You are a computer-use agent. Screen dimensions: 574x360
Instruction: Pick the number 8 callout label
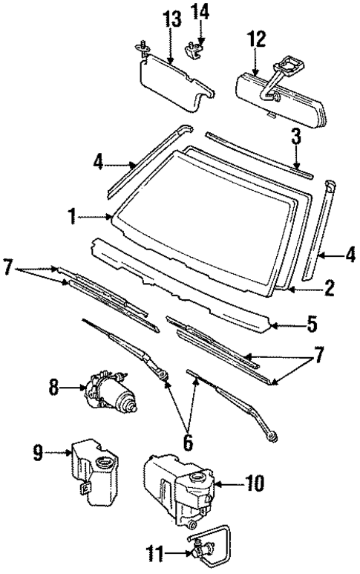52,387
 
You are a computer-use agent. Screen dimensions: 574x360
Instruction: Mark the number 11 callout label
154,552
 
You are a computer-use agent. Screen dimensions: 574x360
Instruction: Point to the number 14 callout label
201,12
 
